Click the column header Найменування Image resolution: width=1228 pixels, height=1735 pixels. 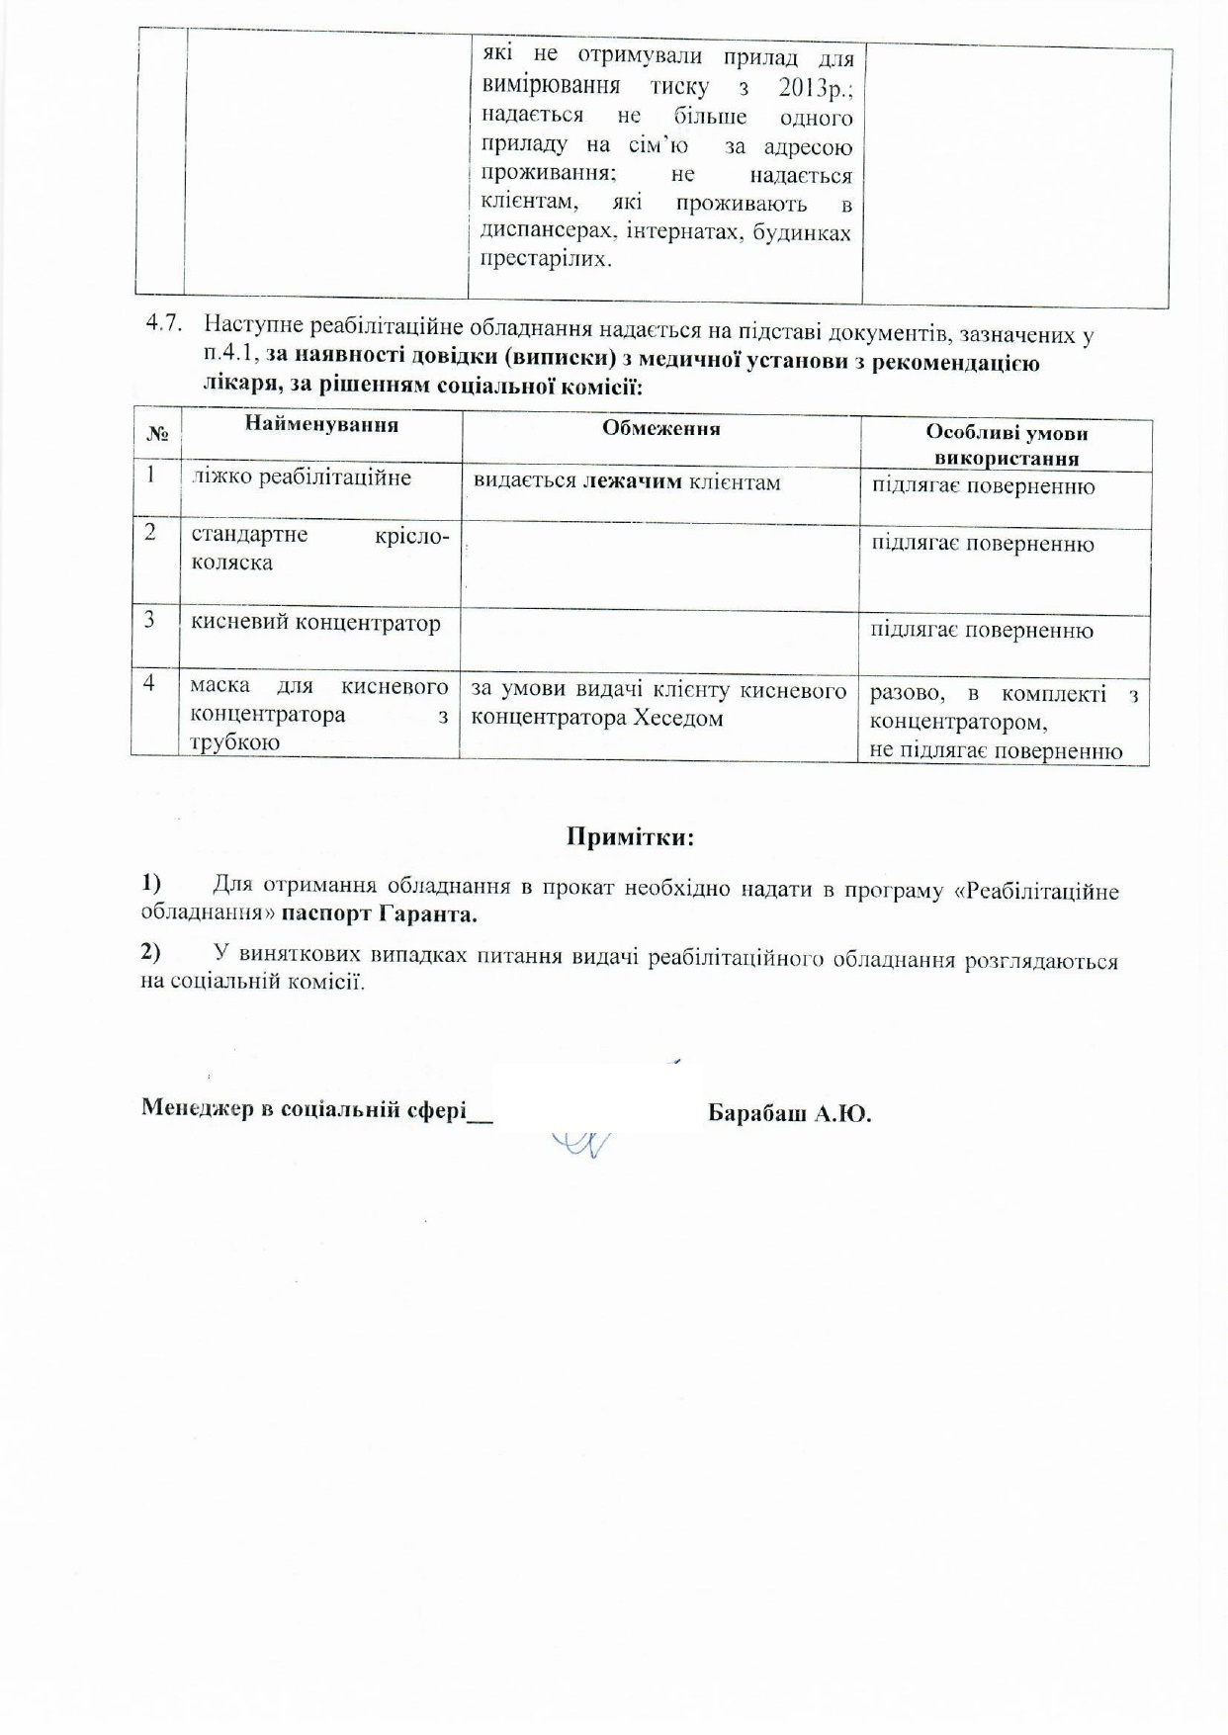pyautogui.click(x=321, y=424)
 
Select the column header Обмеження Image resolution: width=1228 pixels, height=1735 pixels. pyautogui.click(x=660, y=428)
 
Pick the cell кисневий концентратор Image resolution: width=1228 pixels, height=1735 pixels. pyautogui.click(x=314, y=623)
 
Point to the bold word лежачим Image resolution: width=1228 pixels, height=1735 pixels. pyautogui.click(x=633, y=481)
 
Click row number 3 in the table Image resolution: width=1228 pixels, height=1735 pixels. pyautogui.click(x=149, y=619)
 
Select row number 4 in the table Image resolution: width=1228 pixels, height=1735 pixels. pyautogui.click(x=148, y=682)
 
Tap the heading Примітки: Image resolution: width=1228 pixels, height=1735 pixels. pyautogui.click(x=630, y=837)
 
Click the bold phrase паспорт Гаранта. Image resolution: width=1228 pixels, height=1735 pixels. pyautogui.click(x=380, y=914)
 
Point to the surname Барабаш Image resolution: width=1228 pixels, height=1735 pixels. pyautogui.click(x=757, y=1114)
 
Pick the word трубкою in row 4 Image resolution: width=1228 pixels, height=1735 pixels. pyautogui.click(x=234, y=742)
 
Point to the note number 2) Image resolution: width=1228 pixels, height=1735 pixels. pyautogui.click(x=150, y=951)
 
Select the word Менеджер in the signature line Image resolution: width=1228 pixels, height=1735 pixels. pyautogui.click(x=196, y=1108)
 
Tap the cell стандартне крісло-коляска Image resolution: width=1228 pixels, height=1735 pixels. pyautogui.click(x=318, y=549)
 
